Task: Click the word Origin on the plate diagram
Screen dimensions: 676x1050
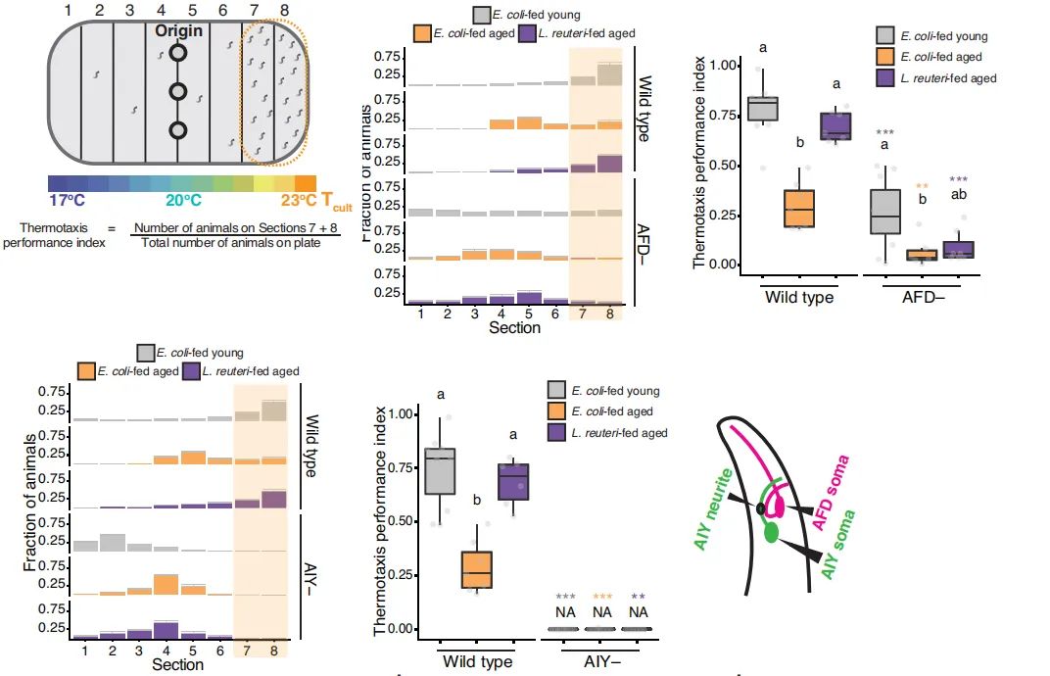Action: (177, 30)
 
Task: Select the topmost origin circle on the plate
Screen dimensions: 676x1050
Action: (177, 53)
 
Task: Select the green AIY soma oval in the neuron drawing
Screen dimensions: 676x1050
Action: (772, 533)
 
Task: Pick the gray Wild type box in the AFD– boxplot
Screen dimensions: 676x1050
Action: (763, 109)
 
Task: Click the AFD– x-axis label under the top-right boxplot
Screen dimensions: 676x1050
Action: (922, 296)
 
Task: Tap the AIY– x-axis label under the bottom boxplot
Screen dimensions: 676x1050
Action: (601, 661)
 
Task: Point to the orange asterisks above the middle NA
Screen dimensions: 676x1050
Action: (601, 597)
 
